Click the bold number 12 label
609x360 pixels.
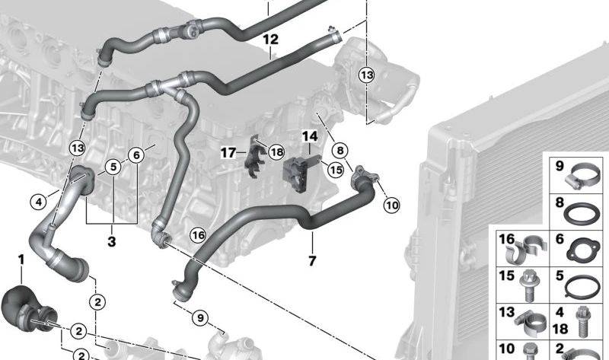[270, 39]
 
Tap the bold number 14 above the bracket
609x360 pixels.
[309, 137]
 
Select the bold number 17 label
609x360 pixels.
[228, 153]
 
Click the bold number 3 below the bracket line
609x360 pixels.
[111, 242]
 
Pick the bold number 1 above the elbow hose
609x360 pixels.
[21, 260]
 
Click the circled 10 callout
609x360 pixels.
[391, 204]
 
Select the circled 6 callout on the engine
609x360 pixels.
[136, 155]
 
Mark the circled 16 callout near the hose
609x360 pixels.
[198, 235]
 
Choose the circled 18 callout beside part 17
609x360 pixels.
[275, 152]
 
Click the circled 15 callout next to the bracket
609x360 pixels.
[336, 170]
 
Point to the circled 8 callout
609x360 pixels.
[340, 151]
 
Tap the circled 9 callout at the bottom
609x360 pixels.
[199, 317]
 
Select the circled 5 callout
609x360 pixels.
[112, 167]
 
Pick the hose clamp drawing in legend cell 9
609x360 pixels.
[582, 177]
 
